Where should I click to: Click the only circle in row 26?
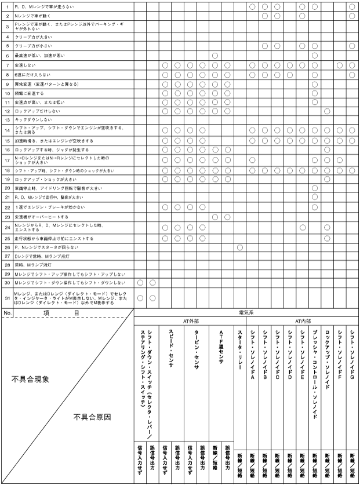(239, 247)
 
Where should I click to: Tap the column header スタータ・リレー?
(239, 348)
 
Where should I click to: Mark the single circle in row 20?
(315, 188)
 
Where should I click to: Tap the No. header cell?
(7, 312)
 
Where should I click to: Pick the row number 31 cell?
(7, 298)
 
